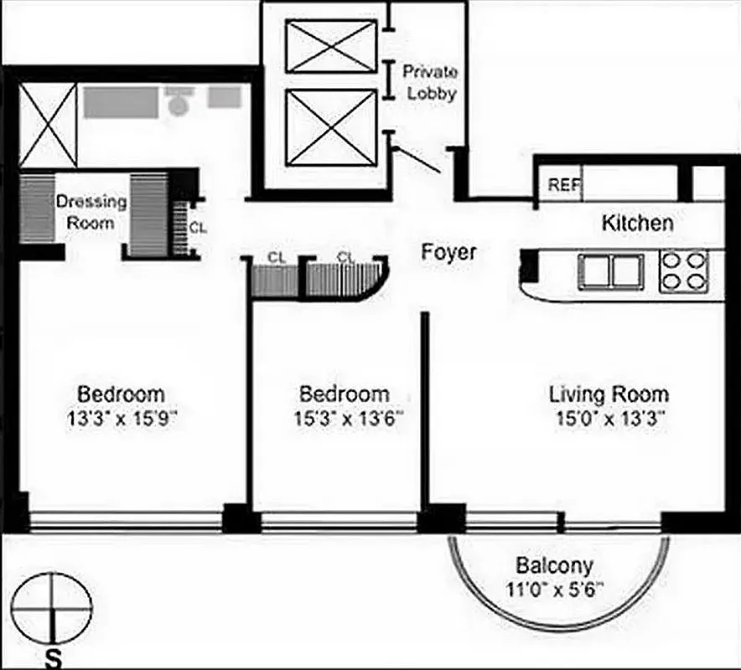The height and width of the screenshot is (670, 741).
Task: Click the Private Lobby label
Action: click(x=431, y=82)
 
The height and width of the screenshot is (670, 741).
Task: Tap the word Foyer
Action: click(x=448, y=252)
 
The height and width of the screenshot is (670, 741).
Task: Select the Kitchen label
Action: click(x=637, y=224)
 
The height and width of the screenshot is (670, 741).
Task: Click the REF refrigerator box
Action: click(x=564, y=186)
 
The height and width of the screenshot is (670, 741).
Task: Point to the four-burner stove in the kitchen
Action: click(x=683, y=271)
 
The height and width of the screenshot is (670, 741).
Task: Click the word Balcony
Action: click(x=554, y=564)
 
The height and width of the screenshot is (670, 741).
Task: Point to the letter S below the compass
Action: click(x=53, y=658)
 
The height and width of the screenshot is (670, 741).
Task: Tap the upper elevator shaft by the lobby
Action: click(x=331, y=46)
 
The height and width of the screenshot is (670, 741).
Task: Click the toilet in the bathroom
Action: click(x=179, y=102)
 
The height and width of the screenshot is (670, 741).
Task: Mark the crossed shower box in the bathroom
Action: click(x=48, y=125)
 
